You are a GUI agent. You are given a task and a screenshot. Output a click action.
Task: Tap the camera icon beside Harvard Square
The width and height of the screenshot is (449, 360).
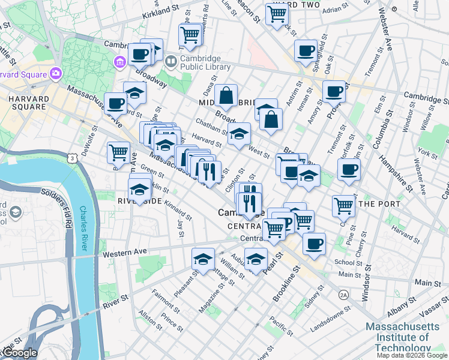(x=56, y=73)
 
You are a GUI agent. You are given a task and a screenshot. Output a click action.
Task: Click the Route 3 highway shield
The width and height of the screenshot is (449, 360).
(x=71, y=158)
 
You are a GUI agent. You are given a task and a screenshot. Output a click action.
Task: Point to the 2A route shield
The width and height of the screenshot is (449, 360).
(x=343, y=295)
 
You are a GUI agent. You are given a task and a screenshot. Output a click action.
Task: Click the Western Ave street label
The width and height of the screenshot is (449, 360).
(x=125, y=254)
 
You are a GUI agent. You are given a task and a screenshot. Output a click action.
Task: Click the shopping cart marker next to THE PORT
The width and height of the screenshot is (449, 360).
(x=343, y=205)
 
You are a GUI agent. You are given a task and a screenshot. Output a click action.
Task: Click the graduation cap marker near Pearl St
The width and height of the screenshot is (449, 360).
(x=256, y=259)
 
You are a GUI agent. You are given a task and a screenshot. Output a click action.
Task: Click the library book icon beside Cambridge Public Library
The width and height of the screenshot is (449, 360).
(x=170, y=61)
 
